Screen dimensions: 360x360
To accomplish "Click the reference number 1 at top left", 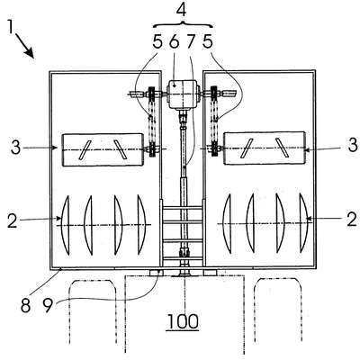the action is pyautogui.click(x=11, y=28).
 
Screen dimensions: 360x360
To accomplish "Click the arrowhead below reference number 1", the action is pyautogui.click(x=30, y=53).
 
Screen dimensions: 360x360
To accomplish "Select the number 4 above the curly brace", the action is pyautogui.click(x=181, y=10).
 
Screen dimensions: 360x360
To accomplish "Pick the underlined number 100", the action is pyautogui.click(x=183, y=321).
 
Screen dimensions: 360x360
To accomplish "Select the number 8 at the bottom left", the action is pyautogui.click(x=26, y=305).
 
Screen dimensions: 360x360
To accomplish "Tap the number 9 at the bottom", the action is pyautogui.click(x=48, y=305).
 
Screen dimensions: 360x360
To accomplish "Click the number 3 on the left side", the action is pyautogui.click(x=15, y=147).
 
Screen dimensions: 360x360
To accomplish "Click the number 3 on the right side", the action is pyautogui.click(x=353, y=146).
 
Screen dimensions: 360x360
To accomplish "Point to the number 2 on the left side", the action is pyautogui.click(x=13, y=221).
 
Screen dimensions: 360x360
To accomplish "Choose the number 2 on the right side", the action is pyautogui.click(x=352, y=219).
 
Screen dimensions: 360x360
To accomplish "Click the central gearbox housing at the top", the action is pyautogui.click(x=183, y=94).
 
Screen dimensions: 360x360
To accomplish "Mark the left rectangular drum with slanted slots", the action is pyautogui.click(x=103, y=149).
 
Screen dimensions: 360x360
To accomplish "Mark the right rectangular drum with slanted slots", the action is pyautogui.click(x=265, y=148).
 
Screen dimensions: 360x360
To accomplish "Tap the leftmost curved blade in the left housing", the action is pyautogui.click(x=67, y=225).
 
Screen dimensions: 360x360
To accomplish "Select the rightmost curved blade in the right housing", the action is pyautogui.click(x=303, y=222).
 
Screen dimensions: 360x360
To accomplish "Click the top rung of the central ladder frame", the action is pyautogui.click(x=182, y=207).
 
